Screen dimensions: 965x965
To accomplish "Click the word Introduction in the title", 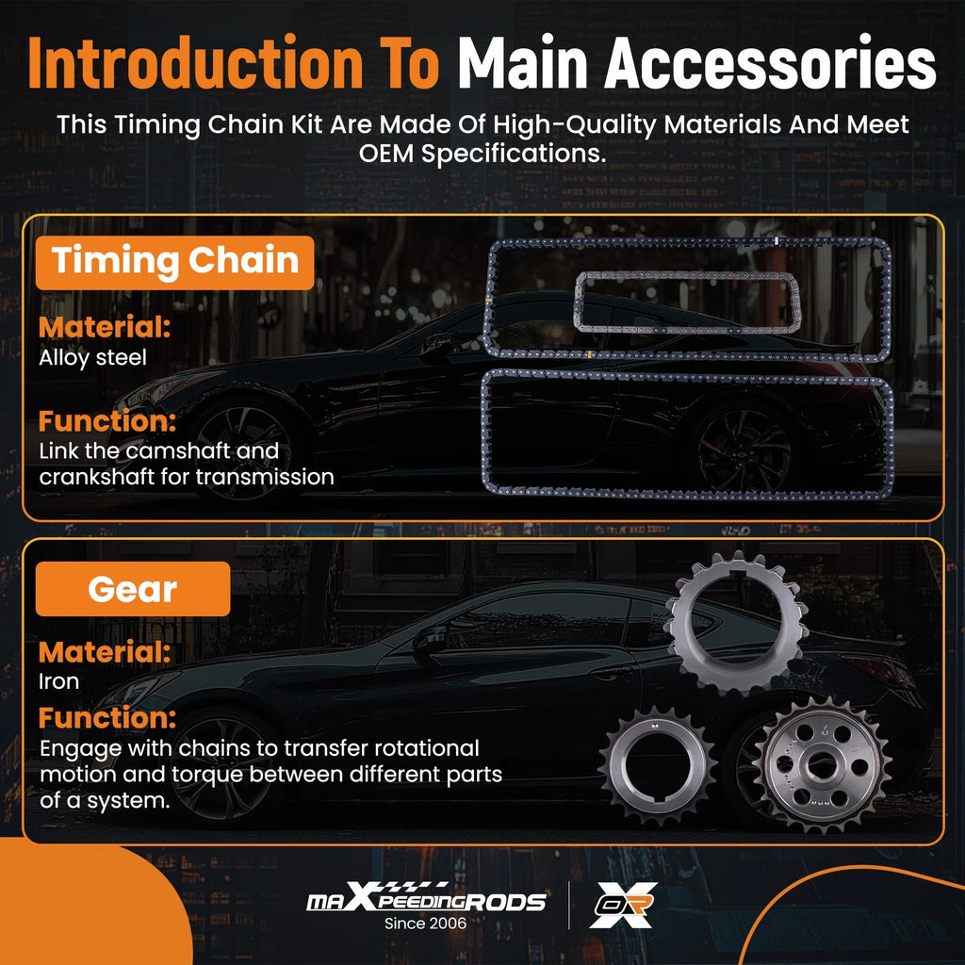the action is (196, 63).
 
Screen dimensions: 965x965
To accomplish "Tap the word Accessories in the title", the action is (770, 63).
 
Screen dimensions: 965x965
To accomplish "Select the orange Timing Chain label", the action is (174, 262).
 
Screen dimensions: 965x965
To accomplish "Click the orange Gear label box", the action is (133, 589).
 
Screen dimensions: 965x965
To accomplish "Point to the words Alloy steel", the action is (93, 357).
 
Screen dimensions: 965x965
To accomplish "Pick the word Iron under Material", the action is (59, 681).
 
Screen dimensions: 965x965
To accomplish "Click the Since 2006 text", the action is (426, 924).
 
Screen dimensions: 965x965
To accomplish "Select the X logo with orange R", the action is (624, 905).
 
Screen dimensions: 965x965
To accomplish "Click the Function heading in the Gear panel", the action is (107, 717).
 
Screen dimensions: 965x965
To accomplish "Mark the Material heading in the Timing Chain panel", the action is (105, 327).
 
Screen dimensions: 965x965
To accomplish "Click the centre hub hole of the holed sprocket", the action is (823, 765).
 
